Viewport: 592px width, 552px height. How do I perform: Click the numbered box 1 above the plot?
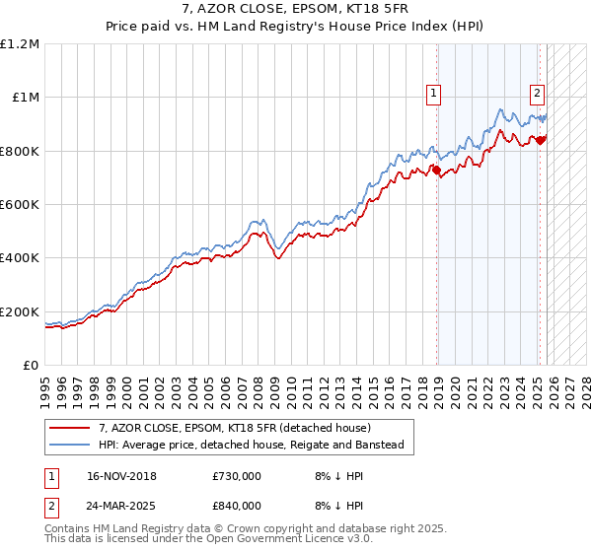coord(435,95)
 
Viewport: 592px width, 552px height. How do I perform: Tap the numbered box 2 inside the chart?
coord(538,95)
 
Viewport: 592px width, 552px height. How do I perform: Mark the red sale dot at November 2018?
coord(437,170)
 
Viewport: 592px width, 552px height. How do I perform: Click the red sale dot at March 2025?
coord(541,140)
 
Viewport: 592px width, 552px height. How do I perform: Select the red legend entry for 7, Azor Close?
coord(234,428)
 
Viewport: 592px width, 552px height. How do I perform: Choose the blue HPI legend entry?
coord(251,446)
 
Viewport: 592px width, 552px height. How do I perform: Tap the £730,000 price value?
coord(237,476)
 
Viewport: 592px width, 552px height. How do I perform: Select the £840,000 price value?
coord(237,506)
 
